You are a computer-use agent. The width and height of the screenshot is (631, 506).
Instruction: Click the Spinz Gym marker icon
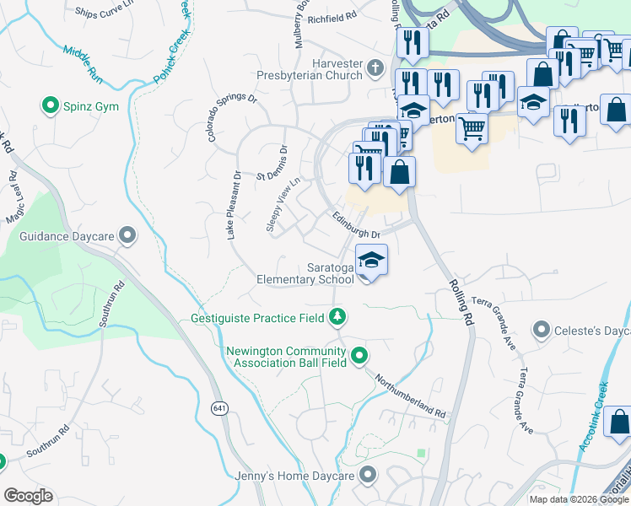coord(50,106)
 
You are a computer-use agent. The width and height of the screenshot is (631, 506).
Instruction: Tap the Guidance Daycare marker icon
coord(127,235)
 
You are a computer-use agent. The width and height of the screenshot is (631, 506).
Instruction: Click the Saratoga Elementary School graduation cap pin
coord(371,260)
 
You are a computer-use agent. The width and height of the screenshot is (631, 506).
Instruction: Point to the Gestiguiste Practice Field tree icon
coord(337,317)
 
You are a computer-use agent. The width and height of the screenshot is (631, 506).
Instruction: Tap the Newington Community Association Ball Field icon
coord(360,355)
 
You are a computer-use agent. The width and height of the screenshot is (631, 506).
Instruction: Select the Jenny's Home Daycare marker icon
coord(367,476)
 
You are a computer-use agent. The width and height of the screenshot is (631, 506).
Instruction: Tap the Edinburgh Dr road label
coord(356,223)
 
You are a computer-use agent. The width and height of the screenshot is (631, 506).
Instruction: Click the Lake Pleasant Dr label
coord(234,206)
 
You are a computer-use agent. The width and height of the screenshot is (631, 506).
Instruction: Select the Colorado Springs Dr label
coord(232,117)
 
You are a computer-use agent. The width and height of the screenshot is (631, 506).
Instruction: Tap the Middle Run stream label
coord(83,62)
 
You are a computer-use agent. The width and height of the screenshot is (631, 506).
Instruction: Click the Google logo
coord(28,496)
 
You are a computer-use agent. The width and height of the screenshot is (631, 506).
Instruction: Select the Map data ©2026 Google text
coord(578,499)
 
